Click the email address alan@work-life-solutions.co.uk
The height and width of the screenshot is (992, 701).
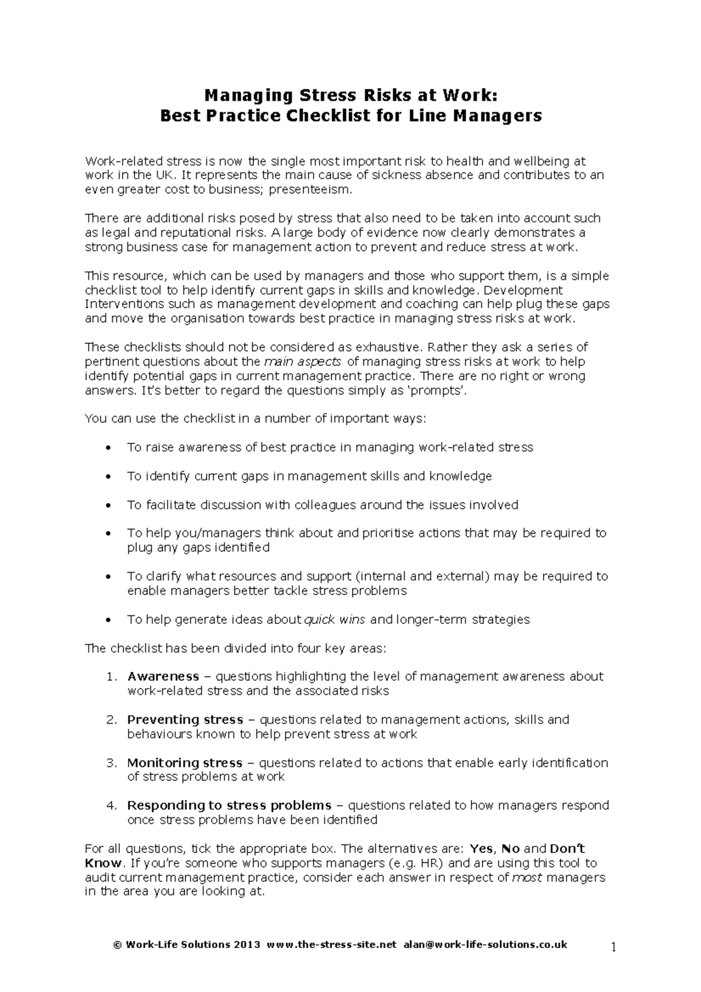tap(485, 945)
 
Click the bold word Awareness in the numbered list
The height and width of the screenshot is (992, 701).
tap(163, 677)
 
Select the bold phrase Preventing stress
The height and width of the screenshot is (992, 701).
tap(185, 720)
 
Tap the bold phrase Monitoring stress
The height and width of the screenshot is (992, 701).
tap(185, 763)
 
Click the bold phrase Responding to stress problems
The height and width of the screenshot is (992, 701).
tap(229, 806)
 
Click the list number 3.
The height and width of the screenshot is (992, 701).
tap(111, 763)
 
